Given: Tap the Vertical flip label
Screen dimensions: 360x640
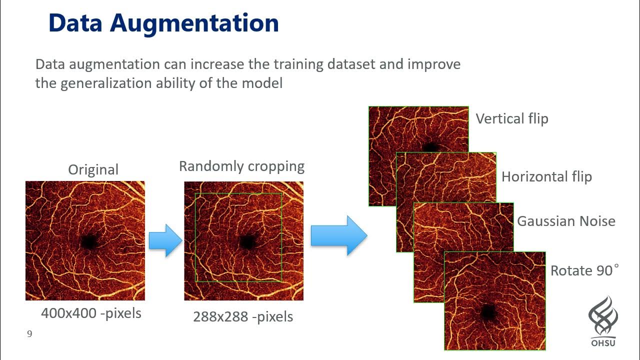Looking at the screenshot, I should pos(511,119).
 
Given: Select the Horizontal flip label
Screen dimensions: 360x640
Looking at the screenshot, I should pos(546,176).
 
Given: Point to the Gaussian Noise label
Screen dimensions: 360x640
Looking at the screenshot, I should pos(566,221).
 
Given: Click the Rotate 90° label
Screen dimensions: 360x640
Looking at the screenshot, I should pos(584,270).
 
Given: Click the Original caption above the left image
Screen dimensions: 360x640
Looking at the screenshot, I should pos(93,169).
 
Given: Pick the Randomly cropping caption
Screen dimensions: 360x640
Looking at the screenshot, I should pos(241,166).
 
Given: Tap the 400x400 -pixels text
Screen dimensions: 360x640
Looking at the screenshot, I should pos(91,313).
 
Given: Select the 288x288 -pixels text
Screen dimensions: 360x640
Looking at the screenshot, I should pos(243,316).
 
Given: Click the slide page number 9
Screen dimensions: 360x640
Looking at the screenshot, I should pos(29,334).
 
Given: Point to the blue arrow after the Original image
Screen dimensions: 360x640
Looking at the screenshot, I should pos(165,240).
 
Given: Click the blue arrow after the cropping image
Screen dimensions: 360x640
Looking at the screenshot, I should pos(338,235).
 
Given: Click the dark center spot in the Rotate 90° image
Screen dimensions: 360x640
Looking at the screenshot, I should pos(487,312).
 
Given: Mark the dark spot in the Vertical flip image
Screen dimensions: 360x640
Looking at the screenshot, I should pos(430,147).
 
